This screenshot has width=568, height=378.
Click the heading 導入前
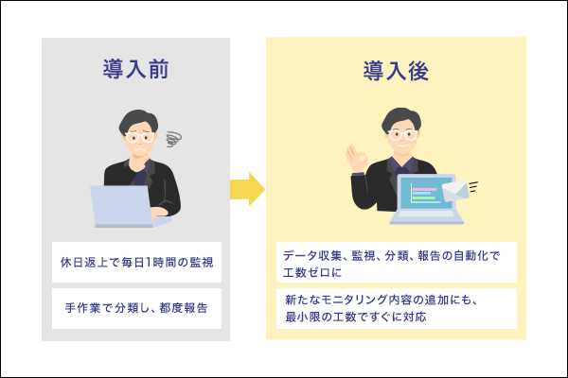tap(136, 72)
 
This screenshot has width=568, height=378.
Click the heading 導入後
tap(396, 72)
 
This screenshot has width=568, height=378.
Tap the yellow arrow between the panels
tap(246, 189)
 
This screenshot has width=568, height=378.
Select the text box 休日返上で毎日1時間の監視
tap(136, 262)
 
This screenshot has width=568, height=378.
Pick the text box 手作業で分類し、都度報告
tap(136, 308)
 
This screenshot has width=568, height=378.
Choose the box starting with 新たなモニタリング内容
tap(396, 308)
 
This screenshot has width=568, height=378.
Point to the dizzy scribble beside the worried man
tap(173, 139)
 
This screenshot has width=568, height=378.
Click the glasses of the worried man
tap(138, 133)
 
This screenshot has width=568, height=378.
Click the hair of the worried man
tap(138, 118)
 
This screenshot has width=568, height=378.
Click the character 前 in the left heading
tap(158, 72)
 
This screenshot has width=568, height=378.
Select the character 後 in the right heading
tap(417, 72)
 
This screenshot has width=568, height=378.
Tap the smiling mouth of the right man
tap(403, 147)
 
